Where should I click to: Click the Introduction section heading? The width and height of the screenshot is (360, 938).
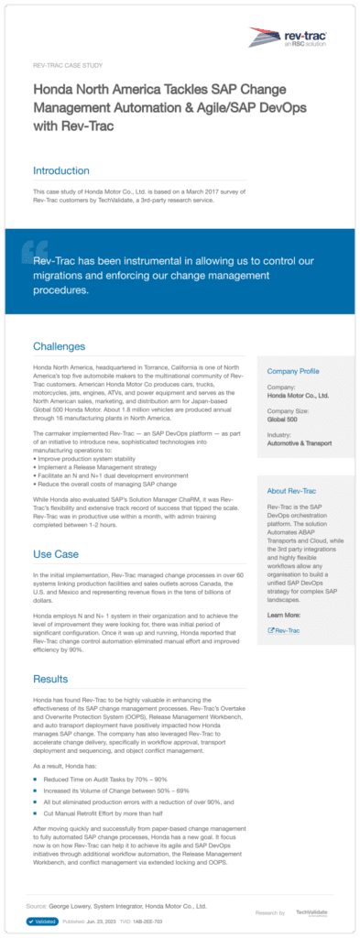pos(61,170)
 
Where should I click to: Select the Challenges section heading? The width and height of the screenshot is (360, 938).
pos(59,347)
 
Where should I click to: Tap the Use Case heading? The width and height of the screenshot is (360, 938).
pos(56,554)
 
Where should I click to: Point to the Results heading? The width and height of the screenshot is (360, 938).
pos(50,679)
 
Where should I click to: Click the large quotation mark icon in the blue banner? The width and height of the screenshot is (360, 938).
pos(35,249)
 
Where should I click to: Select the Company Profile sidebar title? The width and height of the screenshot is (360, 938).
pos(292,371)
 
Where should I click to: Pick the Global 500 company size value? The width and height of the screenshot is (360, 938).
pos(282,420)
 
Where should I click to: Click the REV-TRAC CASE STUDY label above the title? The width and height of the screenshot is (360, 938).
pos(66,67)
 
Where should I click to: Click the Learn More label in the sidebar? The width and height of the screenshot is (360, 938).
pos(281,616)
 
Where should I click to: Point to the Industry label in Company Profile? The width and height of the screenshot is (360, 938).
pos(278,434)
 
